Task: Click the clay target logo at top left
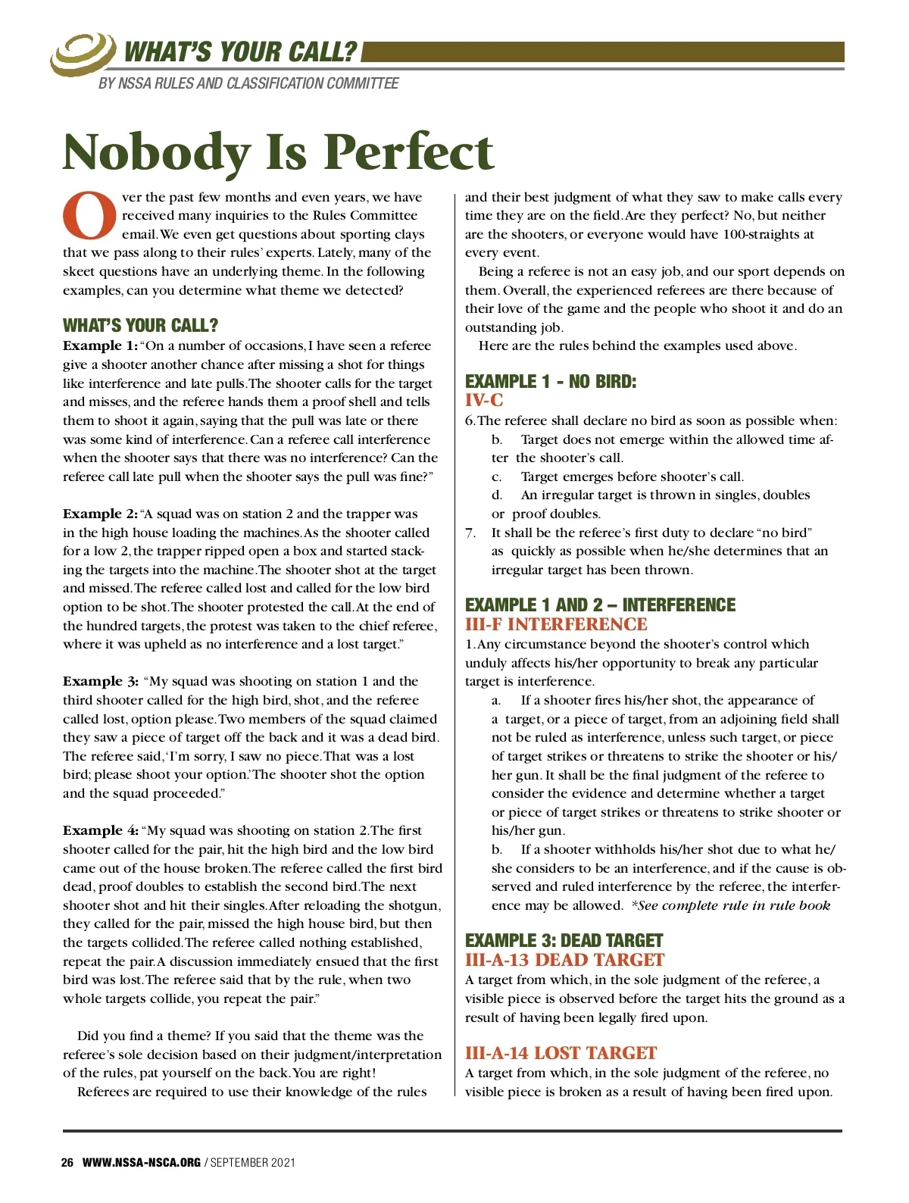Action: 82,53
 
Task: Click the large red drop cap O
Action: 89,216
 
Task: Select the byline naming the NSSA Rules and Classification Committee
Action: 248,83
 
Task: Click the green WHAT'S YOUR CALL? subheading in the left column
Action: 140,326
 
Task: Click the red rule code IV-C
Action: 484,401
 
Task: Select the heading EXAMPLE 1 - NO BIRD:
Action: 551,381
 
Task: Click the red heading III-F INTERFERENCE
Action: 556,624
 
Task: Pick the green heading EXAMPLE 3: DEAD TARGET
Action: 564,940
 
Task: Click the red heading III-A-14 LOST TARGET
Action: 561,1053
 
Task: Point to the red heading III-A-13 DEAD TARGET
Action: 564,960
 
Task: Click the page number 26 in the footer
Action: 67,1162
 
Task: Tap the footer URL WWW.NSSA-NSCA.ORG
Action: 141,1162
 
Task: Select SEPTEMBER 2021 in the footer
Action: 253,1162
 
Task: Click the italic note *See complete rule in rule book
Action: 730,906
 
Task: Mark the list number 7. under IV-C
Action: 470,533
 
